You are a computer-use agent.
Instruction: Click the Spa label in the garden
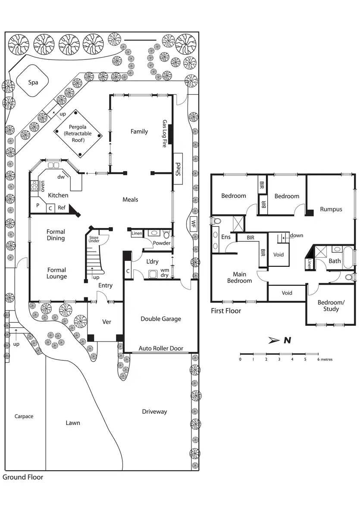coord(33,82)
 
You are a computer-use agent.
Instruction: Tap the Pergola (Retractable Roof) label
coord(78,134)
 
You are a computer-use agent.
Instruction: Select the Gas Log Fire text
coord(164,134)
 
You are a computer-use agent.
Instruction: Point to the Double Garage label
coord(161,319)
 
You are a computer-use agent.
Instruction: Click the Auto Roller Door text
coord(161,348)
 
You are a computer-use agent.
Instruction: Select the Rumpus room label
coord(331,209)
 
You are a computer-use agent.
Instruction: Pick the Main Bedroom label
coord(239,278)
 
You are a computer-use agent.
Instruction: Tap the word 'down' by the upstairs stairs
coord(297,235)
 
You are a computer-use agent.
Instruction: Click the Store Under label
coord(94,240)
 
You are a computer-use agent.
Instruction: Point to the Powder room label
coord(162,243)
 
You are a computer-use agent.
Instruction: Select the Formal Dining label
coord(56,235)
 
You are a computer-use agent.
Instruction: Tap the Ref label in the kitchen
coord(62,207)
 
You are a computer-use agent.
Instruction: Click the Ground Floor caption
coord(23,477)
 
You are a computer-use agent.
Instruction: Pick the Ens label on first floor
coord(226,237)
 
